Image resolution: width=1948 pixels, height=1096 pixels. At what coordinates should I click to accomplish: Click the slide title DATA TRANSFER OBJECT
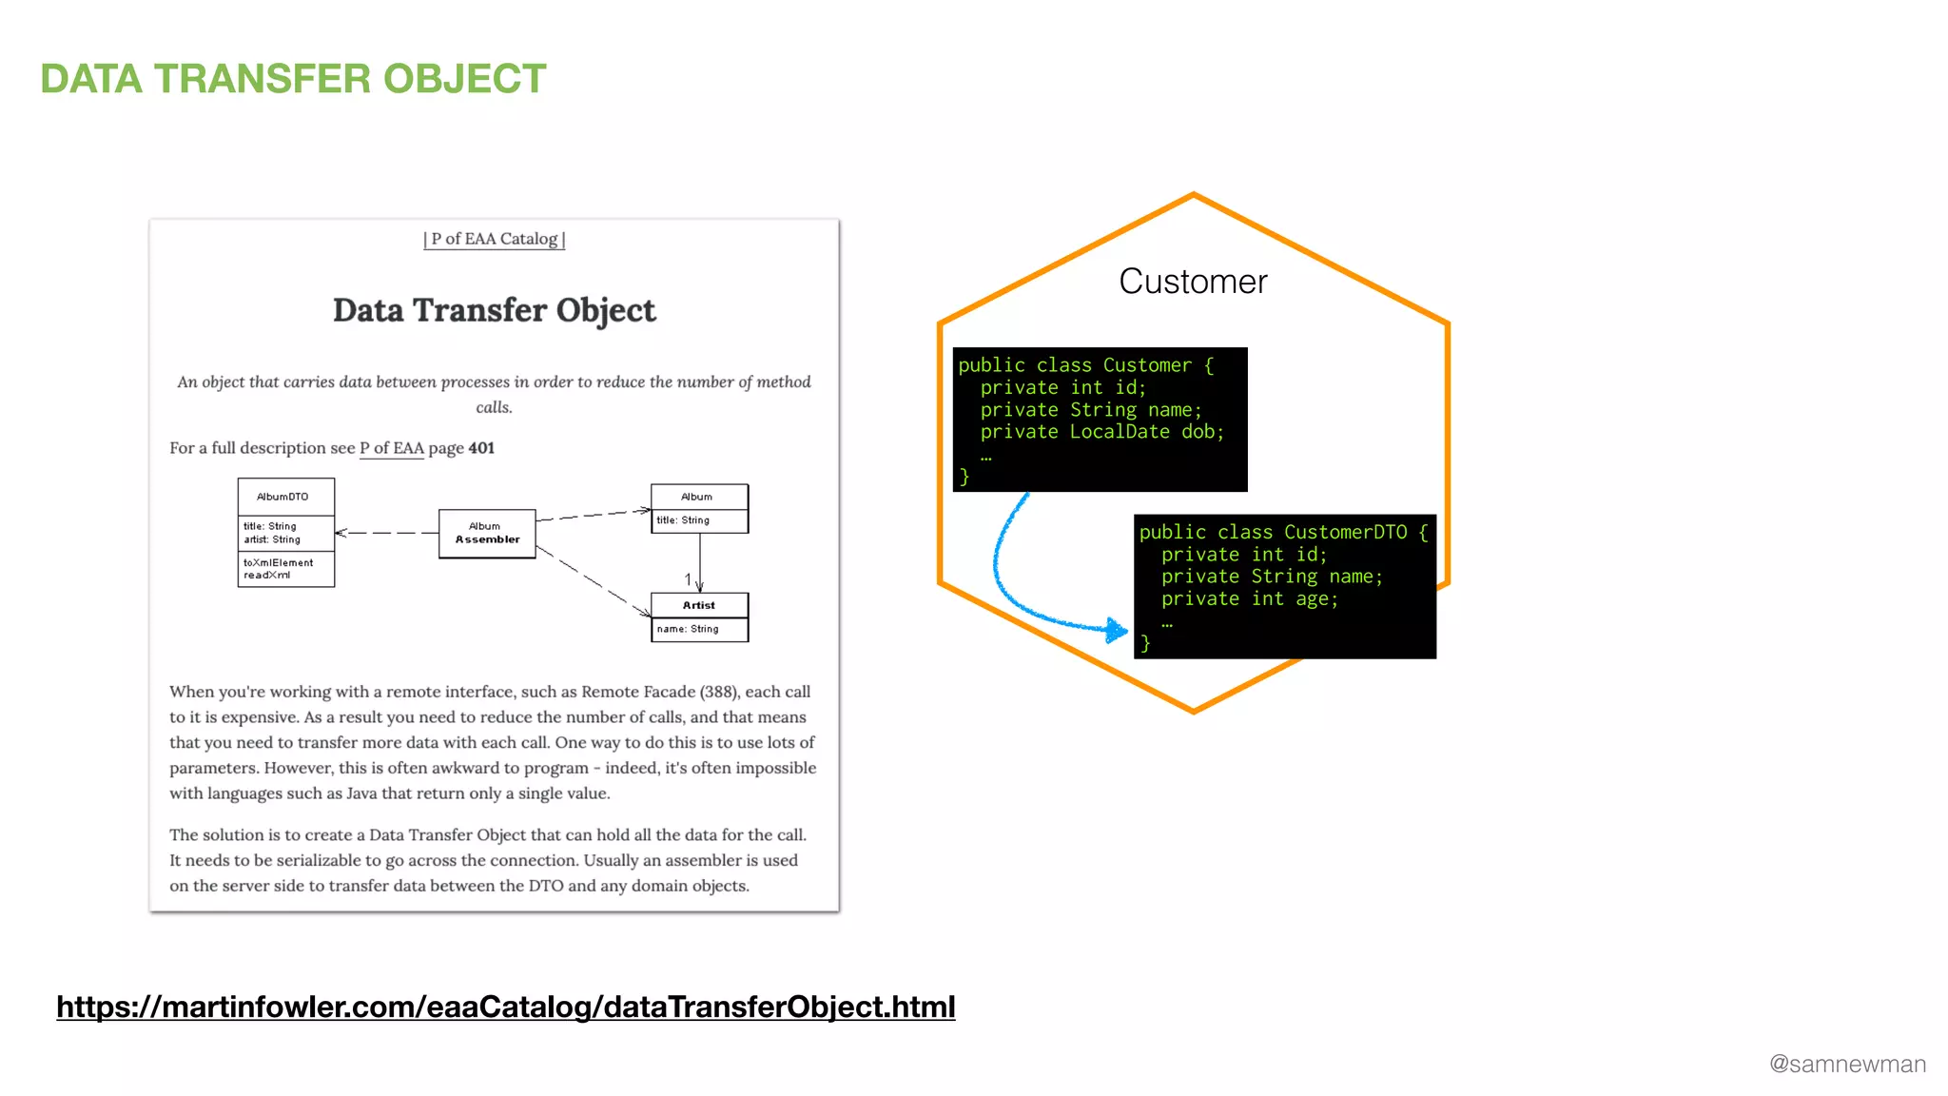coord(293,79)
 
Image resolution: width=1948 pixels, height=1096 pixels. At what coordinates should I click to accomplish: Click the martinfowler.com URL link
coord(505,1007)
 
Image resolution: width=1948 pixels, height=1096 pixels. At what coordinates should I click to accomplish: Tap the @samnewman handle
coord(1846,1064)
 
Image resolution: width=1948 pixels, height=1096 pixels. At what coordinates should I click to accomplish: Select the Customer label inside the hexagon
coord(1193,282)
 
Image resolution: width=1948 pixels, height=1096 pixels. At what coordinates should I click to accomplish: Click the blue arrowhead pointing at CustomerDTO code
coord(1117,629)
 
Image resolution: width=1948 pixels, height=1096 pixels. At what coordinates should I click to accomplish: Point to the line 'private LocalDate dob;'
coord(1101,432)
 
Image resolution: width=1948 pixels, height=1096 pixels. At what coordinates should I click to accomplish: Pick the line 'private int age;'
coord(1249,599)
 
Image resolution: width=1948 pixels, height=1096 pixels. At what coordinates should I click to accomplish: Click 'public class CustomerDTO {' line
coord(1282,533)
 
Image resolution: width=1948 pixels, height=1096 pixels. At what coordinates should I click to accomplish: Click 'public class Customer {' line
coord(1085,365)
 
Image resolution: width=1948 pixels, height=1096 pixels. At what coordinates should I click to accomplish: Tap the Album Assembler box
coord(487,533)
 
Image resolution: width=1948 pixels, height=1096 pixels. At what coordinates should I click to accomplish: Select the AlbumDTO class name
coord(282,497)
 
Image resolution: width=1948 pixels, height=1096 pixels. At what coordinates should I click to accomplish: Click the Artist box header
coord(699,605)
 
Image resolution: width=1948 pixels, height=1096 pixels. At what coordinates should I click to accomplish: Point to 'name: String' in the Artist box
coord(688,629)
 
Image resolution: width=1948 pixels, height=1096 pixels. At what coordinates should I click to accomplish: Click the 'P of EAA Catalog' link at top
coord(495,239)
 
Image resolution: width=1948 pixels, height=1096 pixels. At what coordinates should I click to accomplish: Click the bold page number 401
coord(481,448)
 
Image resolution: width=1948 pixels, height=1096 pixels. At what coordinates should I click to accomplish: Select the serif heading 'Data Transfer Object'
coord(494,310)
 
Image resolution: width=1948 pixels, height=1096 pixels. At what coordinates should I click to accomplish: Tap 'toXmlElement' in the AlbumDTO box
coord(278,562)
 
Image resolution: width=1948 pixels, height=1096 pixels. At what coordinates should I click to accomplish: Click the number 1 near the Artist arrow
coord(688,578)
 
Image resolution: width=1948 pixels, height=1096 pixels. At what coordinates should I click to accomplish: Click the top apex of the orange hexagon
coord(1193,195)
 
